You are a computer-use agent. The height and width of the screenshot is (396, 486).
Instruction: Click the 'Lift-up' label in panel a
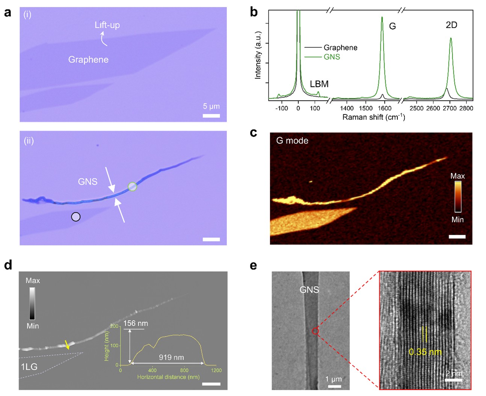[x=107, y=25]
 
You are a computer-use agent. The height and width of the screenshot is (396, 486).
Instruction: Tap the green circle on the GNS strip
[x=132, y=186]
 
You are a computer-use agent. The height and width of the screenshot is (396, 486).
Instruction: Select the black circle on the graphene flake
[x=76, y=217]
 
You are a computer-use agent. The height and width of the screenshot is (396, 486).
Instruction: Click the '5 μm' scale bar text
[x=211, y=106]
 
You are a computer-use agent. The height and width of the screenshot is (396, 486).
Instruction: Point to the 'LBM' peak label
[x=319, y=84]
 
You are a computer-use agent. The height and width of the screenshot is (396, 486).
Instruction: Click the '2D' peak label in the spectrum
[x=451, y=25]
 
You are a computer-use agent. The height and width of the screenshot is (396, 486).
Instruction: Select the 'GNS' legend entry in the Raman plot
[x=332, y=57]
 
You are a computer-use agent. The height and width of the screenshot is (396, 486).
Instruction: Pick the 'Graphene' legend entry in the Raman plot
[x=340, y=48]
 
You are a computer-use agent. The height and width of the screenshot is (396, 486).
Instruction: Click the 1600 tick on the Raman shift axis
[x=384, y=109]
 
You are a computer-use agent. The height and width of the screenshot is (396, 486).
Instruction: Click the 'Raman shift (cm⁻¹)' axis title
[x=373, y=117]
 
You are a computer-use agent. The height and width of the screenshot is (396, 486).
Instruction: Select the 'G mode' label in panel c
[x=292, y=141]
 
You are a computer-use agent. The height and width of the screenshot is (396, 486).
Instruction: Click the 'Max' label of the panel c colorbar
[x=457, y=176]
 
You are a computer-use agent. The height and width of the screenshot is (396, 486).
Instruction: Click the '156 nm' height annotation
[x=136, y=323]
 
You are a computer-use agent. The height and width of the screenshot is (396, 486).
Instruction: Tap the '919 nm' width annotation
[x=171, y=357]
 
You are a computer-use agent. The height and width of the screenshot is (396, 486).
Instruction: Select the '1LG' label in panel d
[x=29, y=367]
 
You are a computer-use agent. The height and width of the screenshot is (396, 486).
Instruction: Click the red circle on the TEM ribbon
[x=315, y=331]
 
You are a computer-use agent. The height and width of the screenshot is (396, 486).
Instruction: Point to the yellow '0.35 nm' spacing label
[x=425, y=352]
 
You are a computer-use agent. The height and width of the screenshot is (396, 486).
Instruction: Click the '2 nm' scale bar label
[x=454, y=373]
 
